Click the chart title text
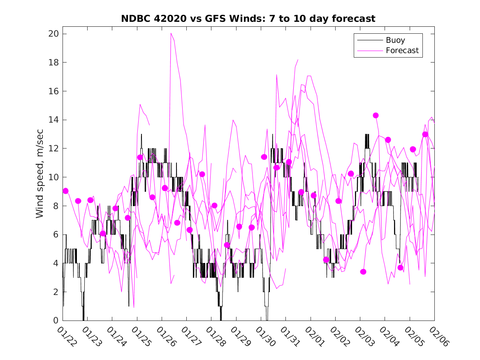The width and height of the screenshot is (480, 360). tap(248, 19)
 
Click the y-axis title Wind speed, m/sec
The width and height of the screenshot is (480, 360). tap(39, 177)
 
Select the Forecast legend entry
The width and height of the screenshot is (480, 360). tap(402, 51)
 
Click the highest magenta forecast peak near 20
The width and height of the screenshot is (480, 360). tap(171, 33)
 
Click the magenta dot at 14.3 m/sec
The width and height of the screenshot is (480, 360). tap(376, 115)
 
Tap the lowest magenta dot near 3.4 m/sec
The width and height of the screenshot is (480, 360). tap(363, 272)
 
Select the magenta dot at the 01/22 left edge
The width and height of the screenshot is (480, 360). tap(65, 191)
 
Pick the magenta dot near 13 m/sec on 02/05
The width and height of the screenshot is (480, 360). tap(425, 134)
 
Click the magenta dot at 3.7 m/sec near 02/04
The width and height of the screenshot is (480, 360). tap(400, 268)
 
